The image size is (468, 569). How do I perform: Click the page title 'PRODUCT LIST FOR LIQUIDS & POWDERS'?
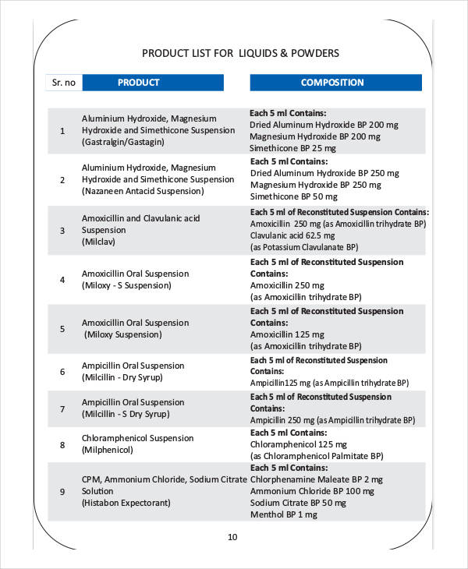[240, 53]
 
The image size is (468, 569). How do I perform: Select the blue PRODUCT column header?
[138, 83]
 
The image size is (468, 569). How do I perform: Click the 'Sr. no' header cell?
[63, 83]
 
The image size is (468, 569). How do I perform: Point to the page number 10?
[232, 536]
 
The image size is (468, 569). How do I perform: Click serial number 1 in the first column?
[62, 130]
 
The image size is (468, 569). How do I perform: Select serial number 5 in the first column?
[62, 328]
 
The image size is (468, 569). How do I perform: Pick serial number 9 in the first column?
[62, 491]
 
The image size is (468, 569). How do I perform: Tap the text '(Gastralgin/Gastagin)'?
[123, 143]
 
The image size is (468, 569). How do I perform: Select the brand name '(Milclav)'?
[98, 242]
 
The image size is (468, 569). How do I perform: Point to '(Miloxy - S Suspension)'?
[126, 285]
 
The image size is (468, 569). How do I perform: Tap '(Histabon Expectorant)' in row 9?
[126, 504]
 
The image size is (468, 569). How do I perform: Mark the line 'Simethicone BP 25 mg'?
[293, 148]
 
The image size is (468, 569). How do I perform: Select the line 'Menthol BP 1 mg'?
[283, 515]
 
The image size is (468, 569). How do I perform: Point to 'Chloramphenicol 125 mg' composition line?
[297, 444]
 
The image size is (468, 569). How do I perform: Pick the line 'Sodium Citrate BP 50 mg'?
[298, 504]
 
